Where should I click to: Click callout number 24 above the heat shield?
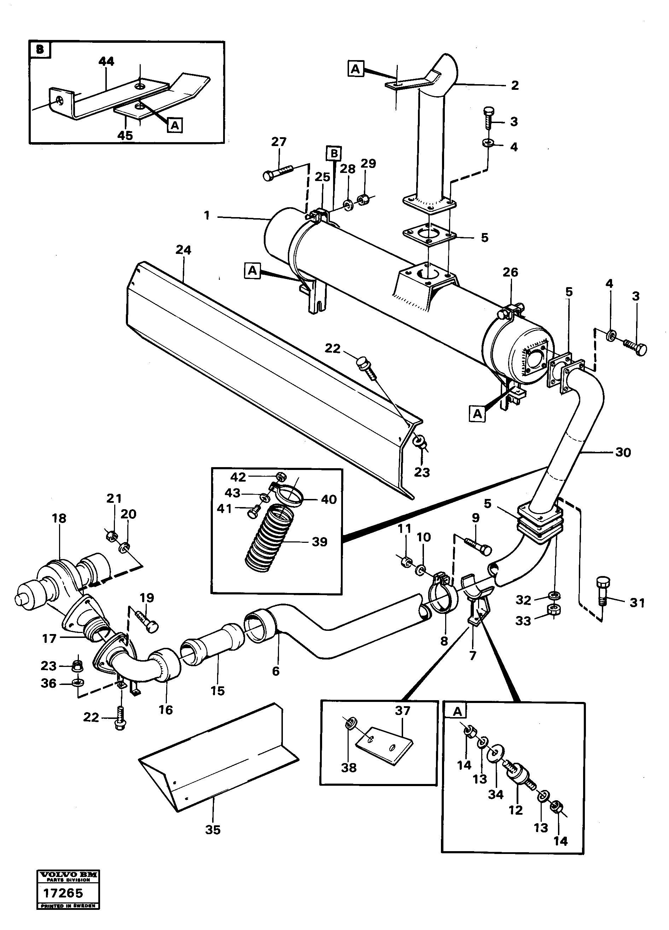183,250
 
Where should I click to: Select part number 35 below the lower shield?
213,829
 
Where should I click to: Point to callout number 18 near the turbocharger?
59,518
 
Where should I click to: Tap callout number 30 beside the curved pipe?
623,452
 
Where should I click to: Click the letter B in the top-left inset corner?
40,50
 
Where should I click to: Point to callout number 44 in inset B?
106,62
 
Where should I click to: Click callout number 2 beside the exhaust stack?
515,85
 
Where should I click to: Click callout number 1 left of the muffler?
207,215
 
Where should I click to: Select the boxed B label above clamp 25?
334,153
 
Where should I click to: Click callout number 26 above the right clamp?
510,272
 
